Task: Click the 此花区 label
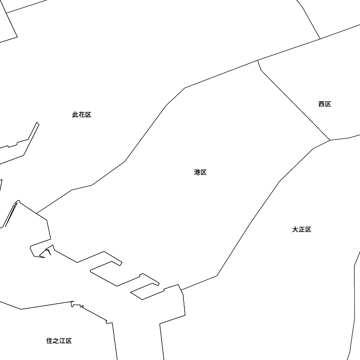pos(82,115)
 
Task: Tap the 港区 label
pos(200,172)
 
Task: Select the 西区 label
pos(324,104)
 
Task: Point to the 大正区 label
pos(301,230)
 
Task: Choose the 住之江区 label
pos(59,341)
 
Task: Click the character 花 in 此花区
pos(82,115)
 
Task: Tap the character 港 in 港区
pos(197,172)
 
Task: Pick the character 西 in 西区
pos(321,104)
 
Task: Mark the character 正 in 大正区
pos(301,230)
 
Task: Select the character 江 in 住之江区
pos(62,341)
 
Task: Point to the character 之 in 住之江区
pos(56,341)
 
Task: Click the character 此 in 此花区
pos(76,115)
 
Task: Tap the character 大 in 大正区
pos(295,230)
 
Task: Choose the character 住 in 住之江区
pos(49,341)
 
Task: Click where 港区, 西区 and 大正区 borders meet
pos(330,140)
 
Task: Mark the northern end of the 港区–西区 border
pos(258,60)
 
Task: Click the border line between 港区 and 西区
pos(295,105)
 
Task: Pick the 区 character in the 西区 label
pos(328,104)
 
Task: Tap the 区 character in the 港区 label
pos(203,172)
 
